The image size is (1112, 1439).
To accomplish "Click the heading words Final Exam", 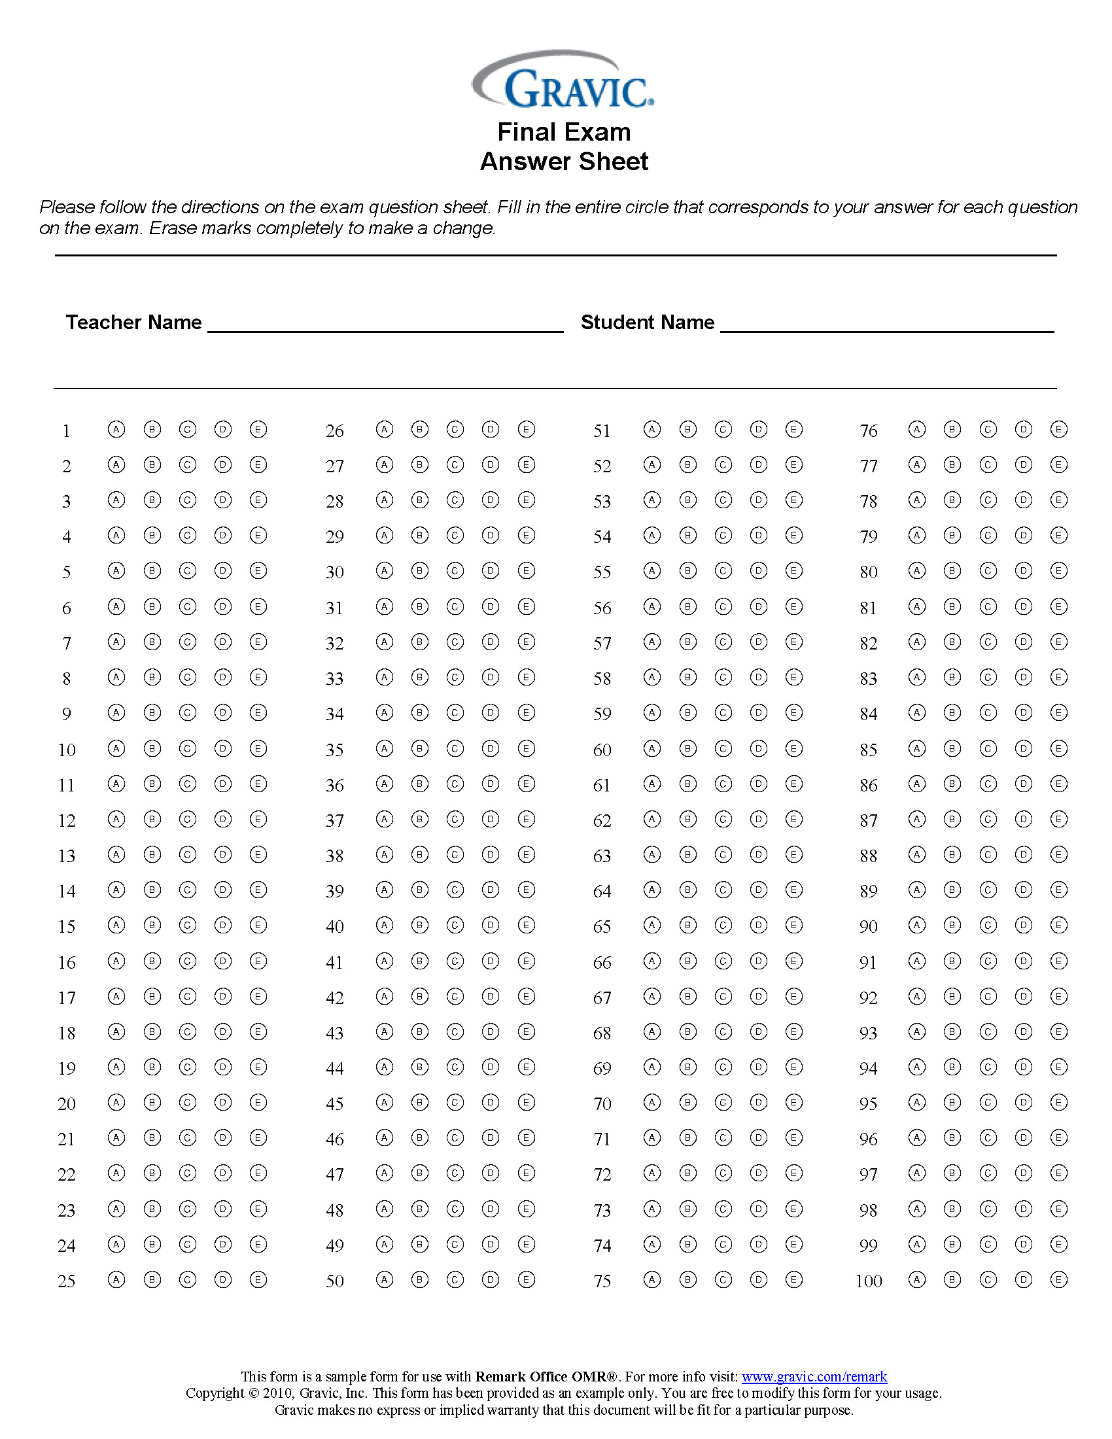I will click(x=564, y=131).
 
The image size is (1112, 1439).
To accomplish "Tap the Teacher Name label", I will click(x=133, y=322).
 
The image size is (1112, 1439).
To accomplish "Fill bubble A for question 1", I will click(x=116, y=430).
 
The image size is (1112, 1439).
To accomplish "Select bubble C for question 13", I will click(x=188, y=855).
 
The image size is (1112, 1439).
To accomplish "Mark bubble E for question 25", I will click(x=258, y=1279).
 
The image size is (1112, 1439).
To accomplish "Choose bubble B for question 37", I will click(x=420, y=819).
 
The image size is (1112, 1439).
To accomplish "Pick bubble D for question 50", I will click(x=491, y=1279).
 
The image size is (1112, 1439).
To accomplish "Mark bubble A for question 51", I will click(x=652, y=430).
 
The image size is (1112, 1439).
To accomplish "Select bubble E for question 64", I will click(x=794, y=890).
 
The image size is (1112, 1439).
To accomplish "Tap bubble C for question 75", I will click(x=723, y=1279).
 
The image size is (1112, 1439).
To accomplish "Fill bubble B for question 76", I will click(x=952, y=430).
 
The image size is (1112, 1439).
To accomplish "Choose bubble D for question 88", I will click(x=1023, y=855).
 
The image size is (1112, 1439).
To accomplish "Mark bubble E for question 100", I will click(x=1058, y=1279).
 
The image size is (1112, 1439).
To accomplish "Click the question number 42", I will click(x=335, y=997).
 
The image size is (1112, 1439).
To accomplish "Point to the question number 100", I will click(x=868, y=1281).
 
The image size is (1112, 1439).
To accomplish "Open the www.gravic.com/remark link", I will click(x=814, y=1377).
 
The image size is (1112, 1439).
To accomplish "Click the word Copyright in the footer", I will click(x=215, y=1393).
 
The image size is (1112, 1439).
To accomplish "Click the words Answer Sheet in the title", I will click(x=564, y=162).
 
